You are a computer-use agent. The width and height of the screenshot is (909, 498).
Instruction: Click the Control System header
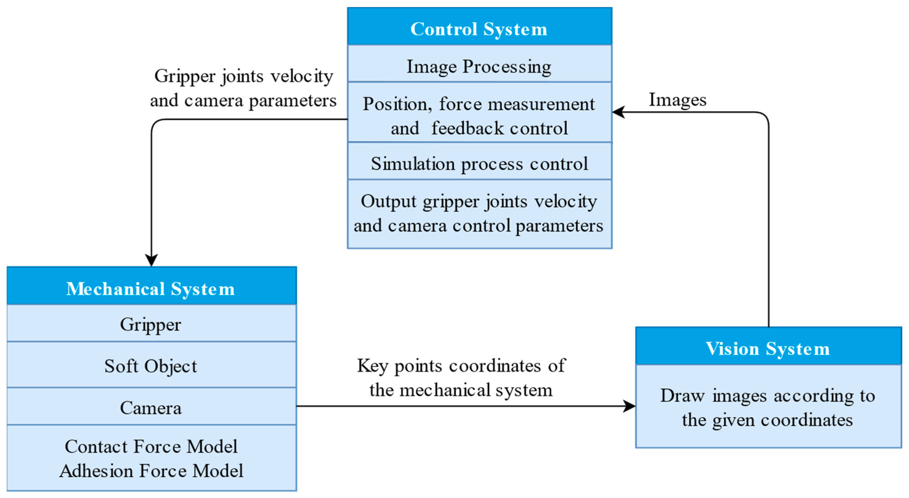click(x=479, y=29)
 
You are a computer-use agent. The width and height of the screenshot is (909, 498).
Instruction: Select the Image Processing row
click(x=479, y=66)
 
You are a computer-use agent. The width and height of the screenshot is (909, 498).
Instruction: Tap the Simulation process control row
click(x=479, y=164)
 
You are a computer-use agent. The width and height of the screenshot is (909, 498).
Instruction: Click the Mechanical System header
click(x=151, y=289)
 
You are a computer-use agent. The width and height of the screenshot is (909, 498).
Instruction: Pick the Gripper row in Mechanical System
click(x=151, y=324)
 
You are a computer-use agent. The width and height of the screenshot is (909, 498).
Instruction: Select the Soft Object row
click(x=151, y=366)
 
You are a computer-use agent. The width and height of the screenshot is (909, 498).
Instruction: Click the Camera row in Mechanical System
click(x=151, y=408)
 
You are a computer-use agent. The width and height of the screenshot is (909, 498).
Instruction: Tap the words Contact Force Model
click(x=151, y=446)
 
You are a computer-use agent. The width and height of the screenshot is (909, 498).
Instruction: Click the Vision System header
click(x=767, y=349)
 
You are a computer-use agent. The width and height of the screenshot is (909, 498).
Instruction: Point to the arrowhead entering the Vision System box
click(x=629, y=406)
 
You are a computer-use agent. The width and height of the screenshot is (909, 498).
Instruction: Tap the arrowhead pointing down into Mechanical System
click(x=151, y=260)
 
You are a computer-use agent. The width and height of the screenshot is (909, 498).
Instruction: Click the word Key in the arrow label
click(x=373, y=366)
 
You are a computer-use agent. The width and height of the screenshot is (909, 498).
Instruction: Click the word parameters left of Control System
click(x=292, y=101)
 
